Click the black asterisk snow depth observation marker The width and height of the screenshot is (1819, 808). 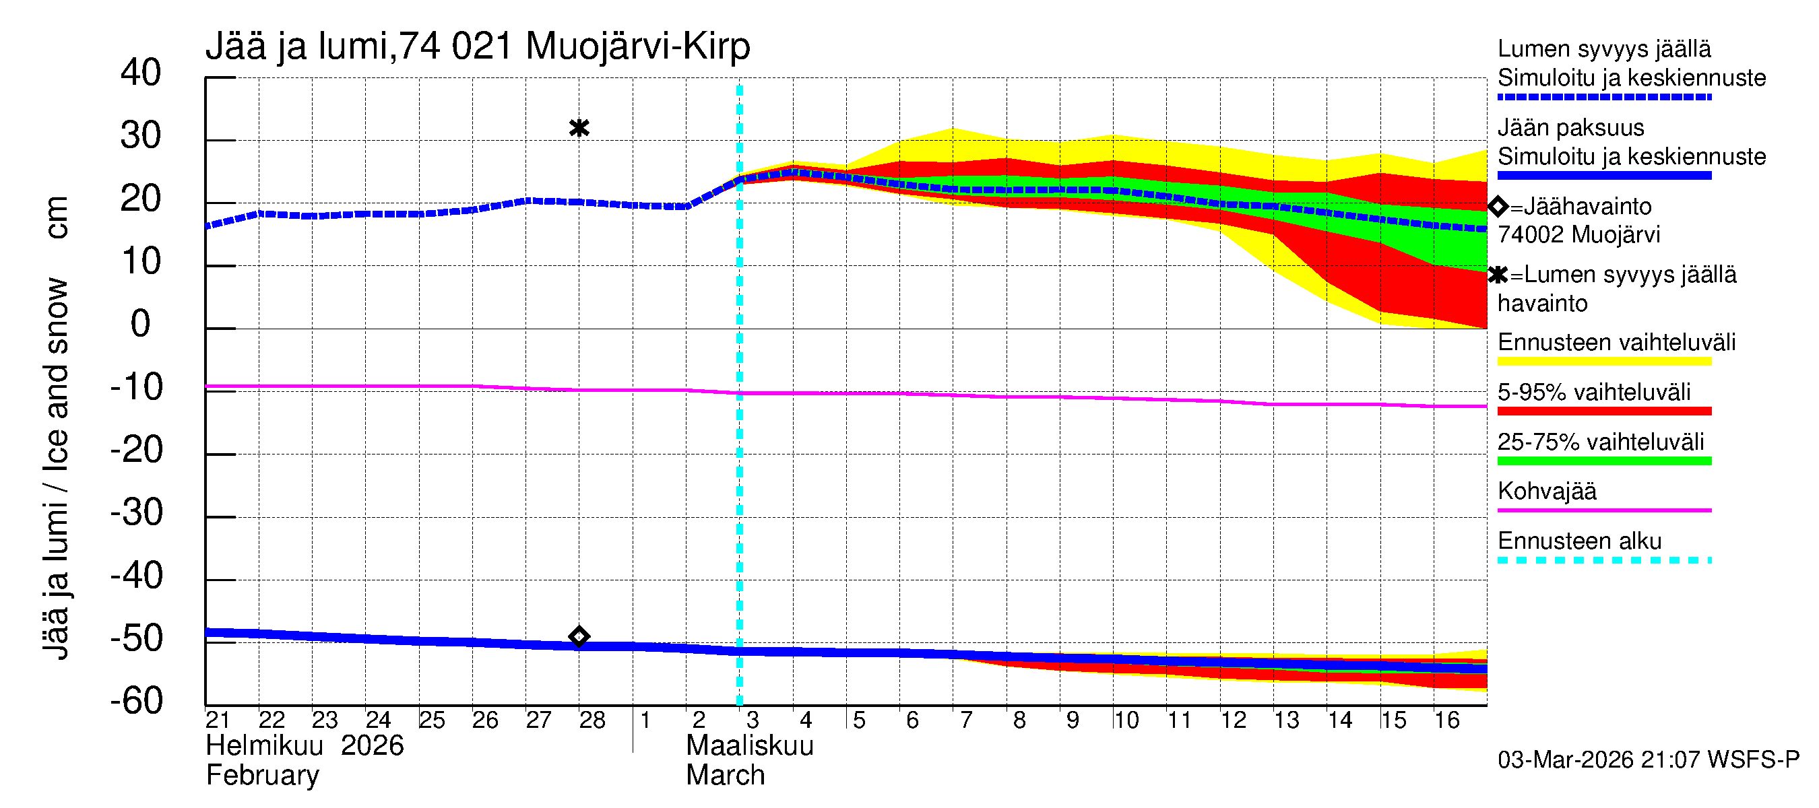tap(579, 128)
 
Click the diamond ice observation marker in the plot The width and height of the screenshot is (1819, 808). tap(579, 636)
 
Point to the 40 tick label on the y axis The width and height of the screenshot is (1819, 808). tap(141, 73)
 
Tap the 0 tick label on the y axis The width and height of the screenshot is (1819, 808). tap(141, 324)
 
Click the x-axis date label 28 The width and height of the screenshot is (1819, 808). tap(592, 720)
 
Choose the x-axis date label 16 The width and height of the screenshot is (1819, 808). tap(1446, 720)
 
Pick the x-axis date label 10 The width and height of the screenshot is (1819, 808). tap(1126, 720)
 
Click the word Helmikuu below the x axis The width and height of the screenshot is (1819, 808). tap(265, 746)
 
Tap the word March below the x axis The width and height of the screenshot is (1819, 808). tap(725, 776)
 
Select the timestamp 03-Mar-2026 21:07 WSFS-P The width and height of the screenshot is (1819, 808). tap(1648, 760)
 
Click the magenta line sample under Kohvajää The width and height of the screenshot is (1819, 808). tap(1603, 510)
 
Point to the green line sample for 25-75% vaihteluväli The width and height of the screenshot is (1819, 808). tap(1603, 461)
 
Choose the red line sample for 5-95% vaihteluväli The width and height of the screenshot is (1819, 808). tap(1603, 411)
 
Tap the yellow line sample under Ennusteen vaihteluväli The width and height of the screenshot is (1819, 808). tap(1603, 362)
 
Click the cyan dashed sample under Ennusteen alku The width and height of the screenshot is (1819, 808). tap(1603, 560)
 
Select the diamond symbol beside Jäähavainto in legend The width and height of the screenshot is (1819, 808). tap(1498, 206)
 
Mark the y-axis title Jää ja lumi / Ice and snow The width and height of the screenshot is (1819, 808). tap(56, 428)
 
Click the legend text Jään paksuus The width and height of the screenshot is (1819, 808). tap(1570, 128)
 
